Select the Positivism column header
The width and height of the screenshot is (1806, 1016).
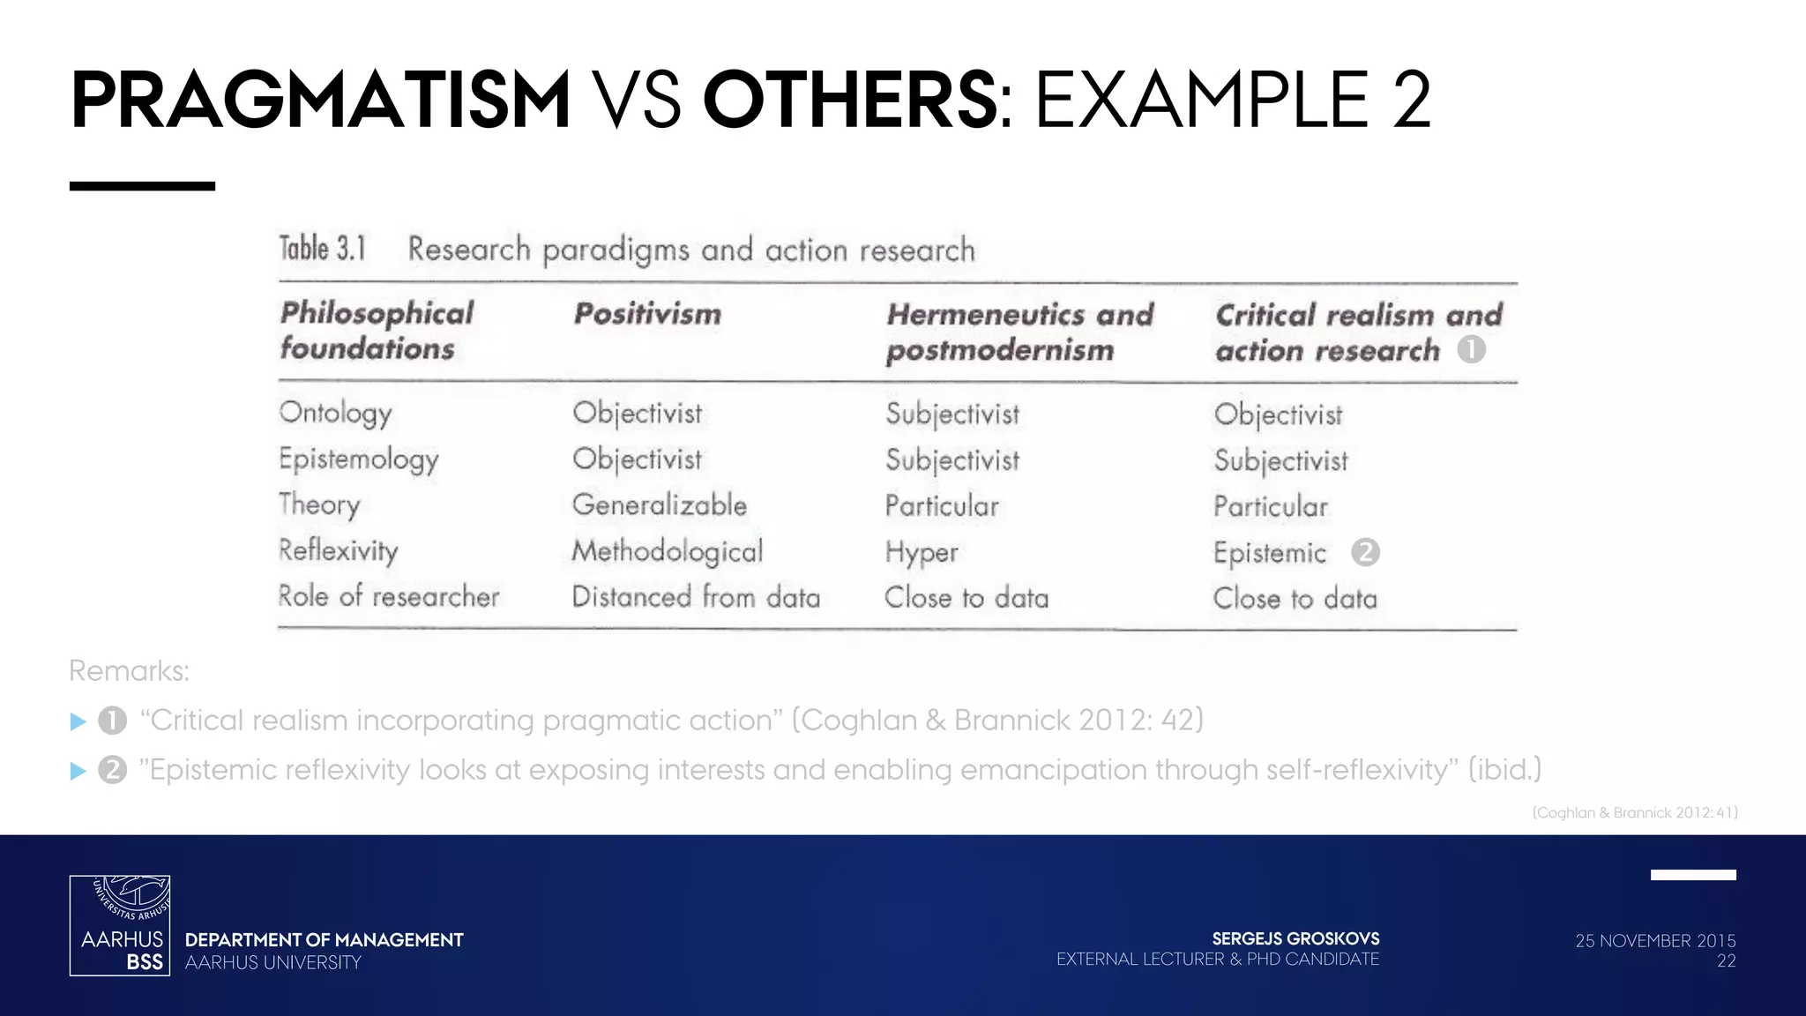pyautogui.click(x=647, y=314)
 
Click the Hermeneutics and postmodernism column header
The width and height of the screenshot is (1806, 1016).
pyautogui.click(x=1019, y=332)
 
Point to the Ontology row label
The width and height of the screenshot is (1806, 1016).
pyautogui.click(x=335, y=413)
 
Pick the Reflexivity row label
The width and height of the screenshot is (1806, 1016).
pyautogui.click(x=339, y=550)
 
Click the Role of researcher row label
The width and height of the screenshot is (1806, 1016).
pyautogui.click(x=389, y=596)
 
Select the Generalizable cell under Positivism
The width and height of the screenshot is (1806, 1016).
pyautogui.click(x=660, y=505)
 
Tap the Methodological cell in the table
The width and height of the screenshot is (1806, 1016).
pyautogui.click(x=668, y=551)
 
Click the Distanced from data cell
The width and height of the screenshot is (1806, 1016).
pyautogui.click(x=696, y=597)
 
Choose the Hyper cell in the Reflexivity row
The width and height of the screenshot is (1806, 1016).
pyautogui.click(x=922, y=553)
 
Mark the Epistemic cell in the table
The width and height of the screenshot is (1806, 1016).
pyautogui.click(x=1270, y=553)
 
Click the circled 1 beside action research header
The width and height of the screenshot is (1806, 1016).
pyautogui.click(x=1471, y=349)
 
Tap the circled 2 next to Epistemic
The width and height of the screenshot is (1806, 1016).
pyautogui.click(x=1365, y=552)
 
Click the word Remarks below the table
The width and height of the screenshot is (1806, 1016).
pyautogui.click(x=129, y=671)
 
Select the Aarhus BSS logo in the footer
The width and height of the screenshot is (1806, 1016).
pyautogui.click(x=120, y=925)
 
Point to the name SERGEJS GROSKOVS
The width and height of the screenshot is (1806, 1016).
pyautogui.click(x=1295, y=938)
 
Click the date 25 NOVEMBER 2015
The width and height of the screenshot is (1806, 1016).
pyautogui.click(x=1655, y=940)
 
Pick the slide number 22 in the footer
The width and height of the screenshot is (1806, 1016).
pyautogui.click(x=1726, y=961)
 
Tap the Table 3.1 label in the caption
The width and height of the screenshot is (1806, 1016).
pyautogui.click(x=323, y=249)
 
